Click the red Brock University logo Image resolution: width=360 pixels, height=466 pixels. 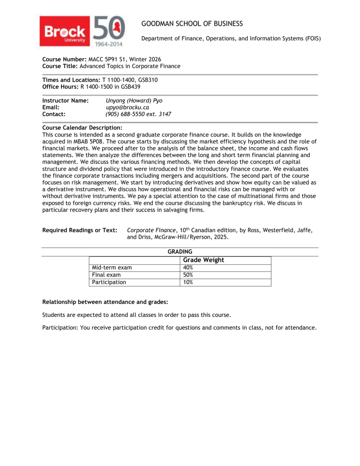click(x=66, y=32)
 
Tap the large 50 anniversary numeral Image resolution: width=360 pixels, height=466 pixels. click(x=110, y=29)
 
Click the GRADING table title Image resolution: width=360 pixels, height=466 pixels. click(x=180, y=252)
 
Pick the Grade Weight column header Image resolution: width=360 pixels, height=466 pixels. click(x=203, y=260)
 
